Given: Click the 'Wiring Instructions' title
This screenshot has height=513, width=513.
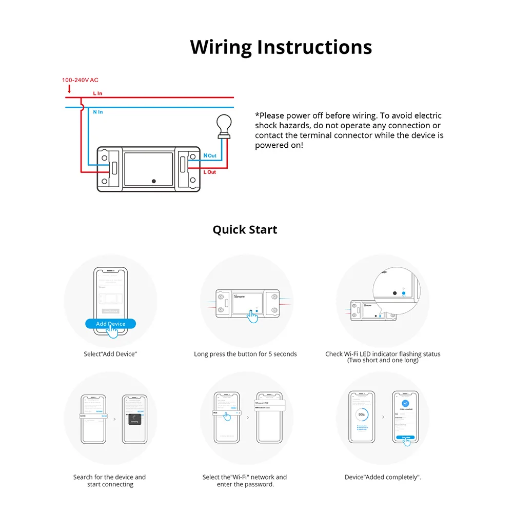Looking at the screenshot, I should pyautogui.click(x=281, y=47).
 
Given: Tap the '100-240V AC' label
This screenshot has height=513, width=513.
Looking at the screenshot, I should pyautogui.click(x=80, y=80).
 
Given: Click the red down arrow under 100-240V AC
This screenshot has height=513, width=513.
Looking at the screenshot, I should pyautogui.click(x=69, y=89).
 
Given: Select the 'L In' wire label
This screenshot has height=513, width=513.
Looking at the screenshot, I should pyautogui.click(x=97, y=93).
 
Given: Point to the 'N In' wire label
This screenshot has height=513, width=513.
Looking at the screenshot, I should pyautogui.click(x=97, y=112).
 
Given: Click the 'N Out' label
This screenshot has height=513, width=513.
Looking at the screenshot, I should pyautogui.click(x=210, y=155).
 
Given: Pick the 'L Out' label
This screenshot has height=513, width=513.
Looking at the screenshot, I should pyautogui.click(x=210, y=172).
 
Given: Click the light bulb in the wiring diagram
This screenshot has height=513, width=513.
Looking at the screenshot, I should pyautogui.click(x=223, y=125).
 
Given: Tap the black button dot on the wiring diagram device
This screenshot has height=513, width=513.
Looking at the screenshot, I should pyautogui.click(x=154, y=181).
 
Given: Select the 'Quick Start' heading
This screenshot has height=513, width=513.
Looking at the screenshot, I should pyautogui.click(x=245, y=229).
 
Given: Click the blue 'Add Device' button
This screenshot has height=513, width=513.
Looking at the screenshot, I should pyautogui.click(x=110, y=324).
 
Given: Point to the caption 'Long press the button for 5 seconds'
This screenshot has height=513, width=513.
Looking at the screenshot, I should pyautogui.click(x=245, y=354).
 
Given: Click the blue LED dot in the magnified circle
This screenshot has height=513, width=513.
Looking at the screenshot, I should pyautogui.click(x=403, y=293).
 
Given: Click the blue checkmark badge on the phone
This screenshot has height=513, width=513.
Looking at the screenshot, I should pyautogui.click(x=405, y=404).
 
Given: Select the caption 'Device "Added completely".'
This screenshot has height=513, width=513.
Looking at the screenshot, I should pyautogui.click(x=383, y=477).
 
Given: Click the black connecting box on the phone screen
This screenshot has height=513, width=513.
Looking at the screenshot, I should pyautogui.click(x=134, y=419).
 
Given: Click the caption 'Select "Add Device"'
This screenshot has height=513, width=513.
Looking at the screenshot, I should pyautogui.click(x=110, y=354).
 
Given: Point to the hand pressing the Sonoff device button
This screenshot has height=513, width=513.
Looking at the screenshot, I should pyautogui.click(x=252, y=316).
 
